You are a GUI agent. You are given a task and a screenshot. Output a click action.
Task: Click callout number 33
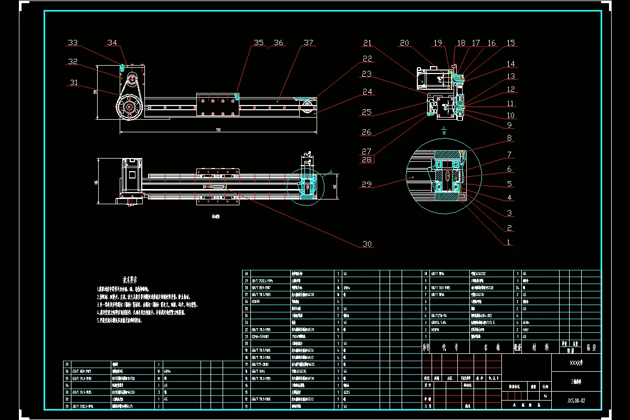(x=73, y=43)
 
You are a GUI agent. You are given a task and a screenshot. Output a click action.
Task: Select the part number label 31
(x=73, y=82)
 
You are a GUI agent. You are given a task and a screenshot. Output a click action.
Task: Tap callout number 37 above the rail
(x=308, y=43)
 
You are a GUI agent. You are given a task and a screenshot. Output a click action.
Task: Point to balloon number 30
(x=367, y=244)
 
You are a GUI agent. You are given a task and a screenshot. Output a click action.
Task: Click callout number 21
(x=367, y=43)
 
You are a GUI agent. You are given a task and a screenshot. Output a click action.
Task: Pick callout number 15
(x=510, y=43)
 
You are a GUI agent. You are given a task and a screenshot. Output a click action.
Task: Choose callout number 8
(x=509, y=138)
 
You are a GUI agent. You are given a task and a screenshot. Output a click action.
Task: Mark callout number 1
(x=509, y=243)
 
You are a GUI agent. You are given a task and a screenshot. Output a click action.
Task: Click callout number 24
(x=367, y=92)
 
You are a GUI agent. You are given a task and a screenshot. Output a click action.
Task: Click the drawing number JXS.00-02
(x=576, y=400)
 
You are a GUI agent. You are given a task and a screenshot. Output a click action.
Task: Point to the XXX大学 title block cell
(x=576, y=362)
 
